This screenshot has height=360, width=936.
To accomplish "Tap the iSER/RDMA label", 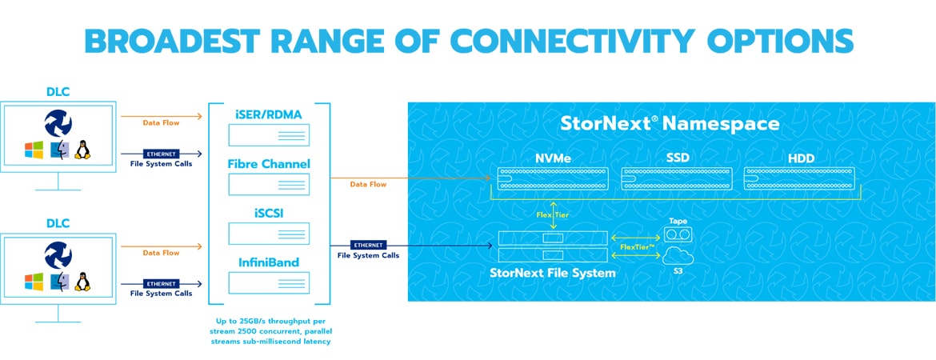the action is (x=269, y=114).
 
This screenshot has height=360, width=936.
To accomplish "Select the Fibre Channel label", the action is (x=269, y=163).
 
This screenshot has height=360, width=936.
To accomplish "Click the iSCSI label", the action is (x=269, y=213).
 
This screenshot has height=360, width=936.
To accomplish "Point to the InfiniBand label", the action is (x=269, y=262).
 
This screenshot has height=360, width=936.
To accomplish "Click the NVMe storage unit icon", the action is (x=553, y=179).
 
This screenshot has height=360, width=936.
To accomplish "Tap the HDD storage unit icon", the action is (x=799, y=179).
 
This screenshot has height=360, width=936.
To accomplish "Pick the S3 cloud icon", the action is (x=678, y=257).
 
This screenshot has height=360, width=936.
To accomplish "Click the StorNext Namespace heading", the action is (x=670, y=123).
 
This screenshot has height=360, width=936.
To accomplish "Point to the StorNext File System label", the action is (x=553, y=274).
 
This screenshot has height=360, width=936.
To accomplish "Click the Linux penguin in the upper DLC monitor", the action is (x=82, y=150).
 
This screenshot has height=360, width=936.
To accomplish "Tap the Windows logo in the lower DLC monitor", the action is (x=34, y=281).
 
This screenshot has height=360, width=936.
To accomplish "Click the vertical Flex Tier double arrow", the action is (x=553, y=217).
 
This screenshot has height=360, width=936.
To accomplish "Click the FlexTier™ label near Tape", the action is (x=636, y=246).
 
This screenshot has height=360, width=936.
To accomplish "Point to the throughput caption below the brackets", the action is (x=270, y=331).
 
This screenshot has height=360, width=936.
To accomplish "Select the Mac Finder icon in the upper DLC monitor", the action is (x=58, y=150).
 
